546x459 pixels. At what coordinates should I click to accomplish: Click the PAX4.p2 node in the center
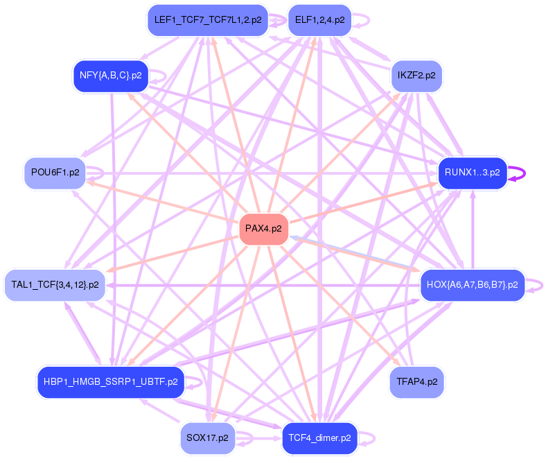(x=263, y=230)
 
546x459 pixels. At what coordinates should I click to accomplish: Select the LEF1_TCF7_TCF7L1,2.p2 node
(x=208, y=20)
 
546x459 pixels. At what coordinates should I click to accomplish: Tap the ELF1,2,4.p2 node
(x=319, y=20)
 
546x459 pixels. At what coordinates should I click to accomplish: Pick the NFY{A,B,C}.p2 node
(x=111, y=75)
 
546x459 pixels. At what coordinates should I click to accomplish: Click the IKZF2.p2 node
(x=416, y=75)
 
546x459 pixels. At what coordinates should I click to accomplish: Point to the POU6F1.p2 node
(x=55, y=172)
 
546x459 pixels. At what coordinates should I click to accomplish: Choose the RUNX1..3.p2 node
(x=472, y=172)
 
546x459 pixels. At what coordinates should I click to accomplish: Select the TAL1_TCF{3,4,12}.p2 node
(x=55, y=284)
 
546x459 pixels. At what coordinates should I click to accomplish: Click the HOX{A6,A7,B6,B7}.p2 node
(x=472, y=284)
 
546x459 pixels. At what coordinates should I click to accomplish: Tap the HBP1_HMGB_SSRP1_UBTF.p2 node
(x=110, y=381)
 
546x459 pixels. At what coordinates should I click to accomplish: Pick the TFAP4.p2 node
(x=416, y=381)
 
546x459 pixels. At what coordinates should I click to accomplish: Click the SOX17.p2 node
(x=207, y=438)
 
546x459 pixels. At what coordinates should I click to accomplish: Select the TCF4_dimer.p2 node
(x=319, y=438)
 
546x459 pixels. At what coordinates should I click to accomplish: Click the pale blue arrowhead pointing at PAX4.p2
(x=294, y=238)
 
